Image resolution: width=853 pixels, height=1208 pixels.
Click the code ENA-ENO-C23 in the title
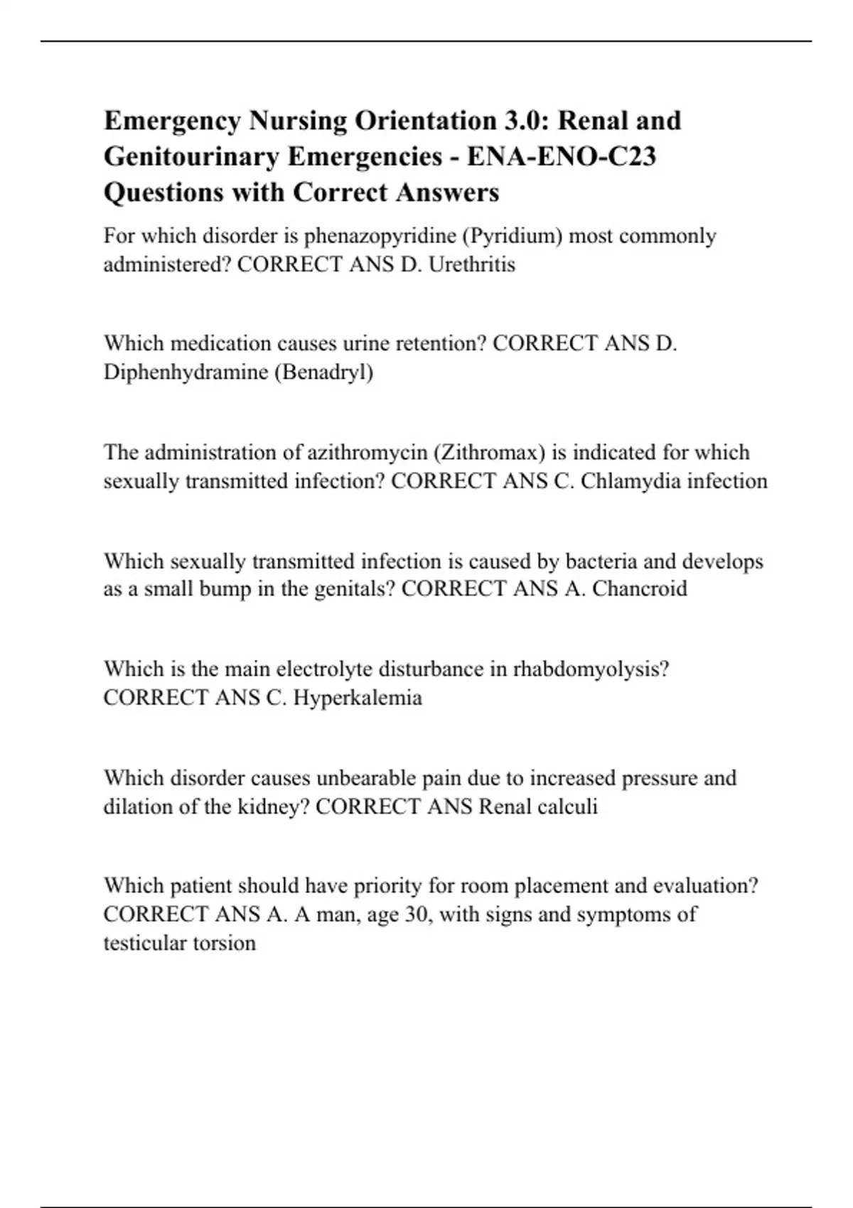point(561,156)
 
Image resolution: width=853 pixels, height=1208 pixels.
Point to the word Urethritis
point(472,264)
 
